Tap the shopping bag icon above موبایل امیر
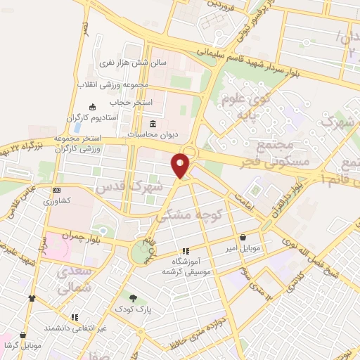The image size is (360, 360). pyautogui.click(x=243, y=237)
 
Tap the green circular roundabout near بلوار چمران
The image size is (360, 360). pyautogui.click(x=141, y=250)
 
